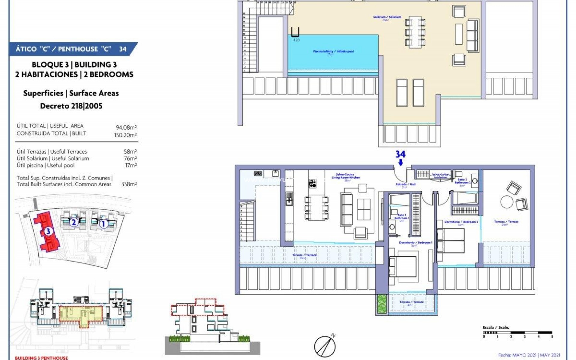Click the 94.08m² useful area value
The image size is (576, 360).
(126, 127)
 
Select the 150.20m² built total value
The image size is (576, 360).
(125, 135)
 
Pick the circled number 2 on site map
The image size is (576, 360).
(73, 223)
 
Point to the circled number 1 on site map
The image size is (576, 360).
(103, 224)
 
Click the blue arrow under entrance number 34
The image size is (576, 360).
(400, 163)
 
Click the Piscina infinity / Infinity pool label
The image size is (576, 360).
(333, 52)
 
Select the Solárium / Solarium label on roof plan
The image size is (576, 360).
(387, 17)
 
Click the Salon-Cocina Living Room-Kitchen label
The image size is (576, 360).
(346, 176)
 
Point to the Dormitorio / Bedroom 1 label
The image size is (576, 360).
(415, 242)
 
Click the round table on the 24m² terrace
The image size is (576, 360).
(507, 202)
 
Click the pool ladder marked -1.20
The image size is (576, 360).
(295, 32)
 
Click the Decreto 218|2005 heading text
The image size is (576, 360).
(71, 106)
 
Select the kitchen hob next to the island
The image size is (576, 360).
(312, 183)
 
